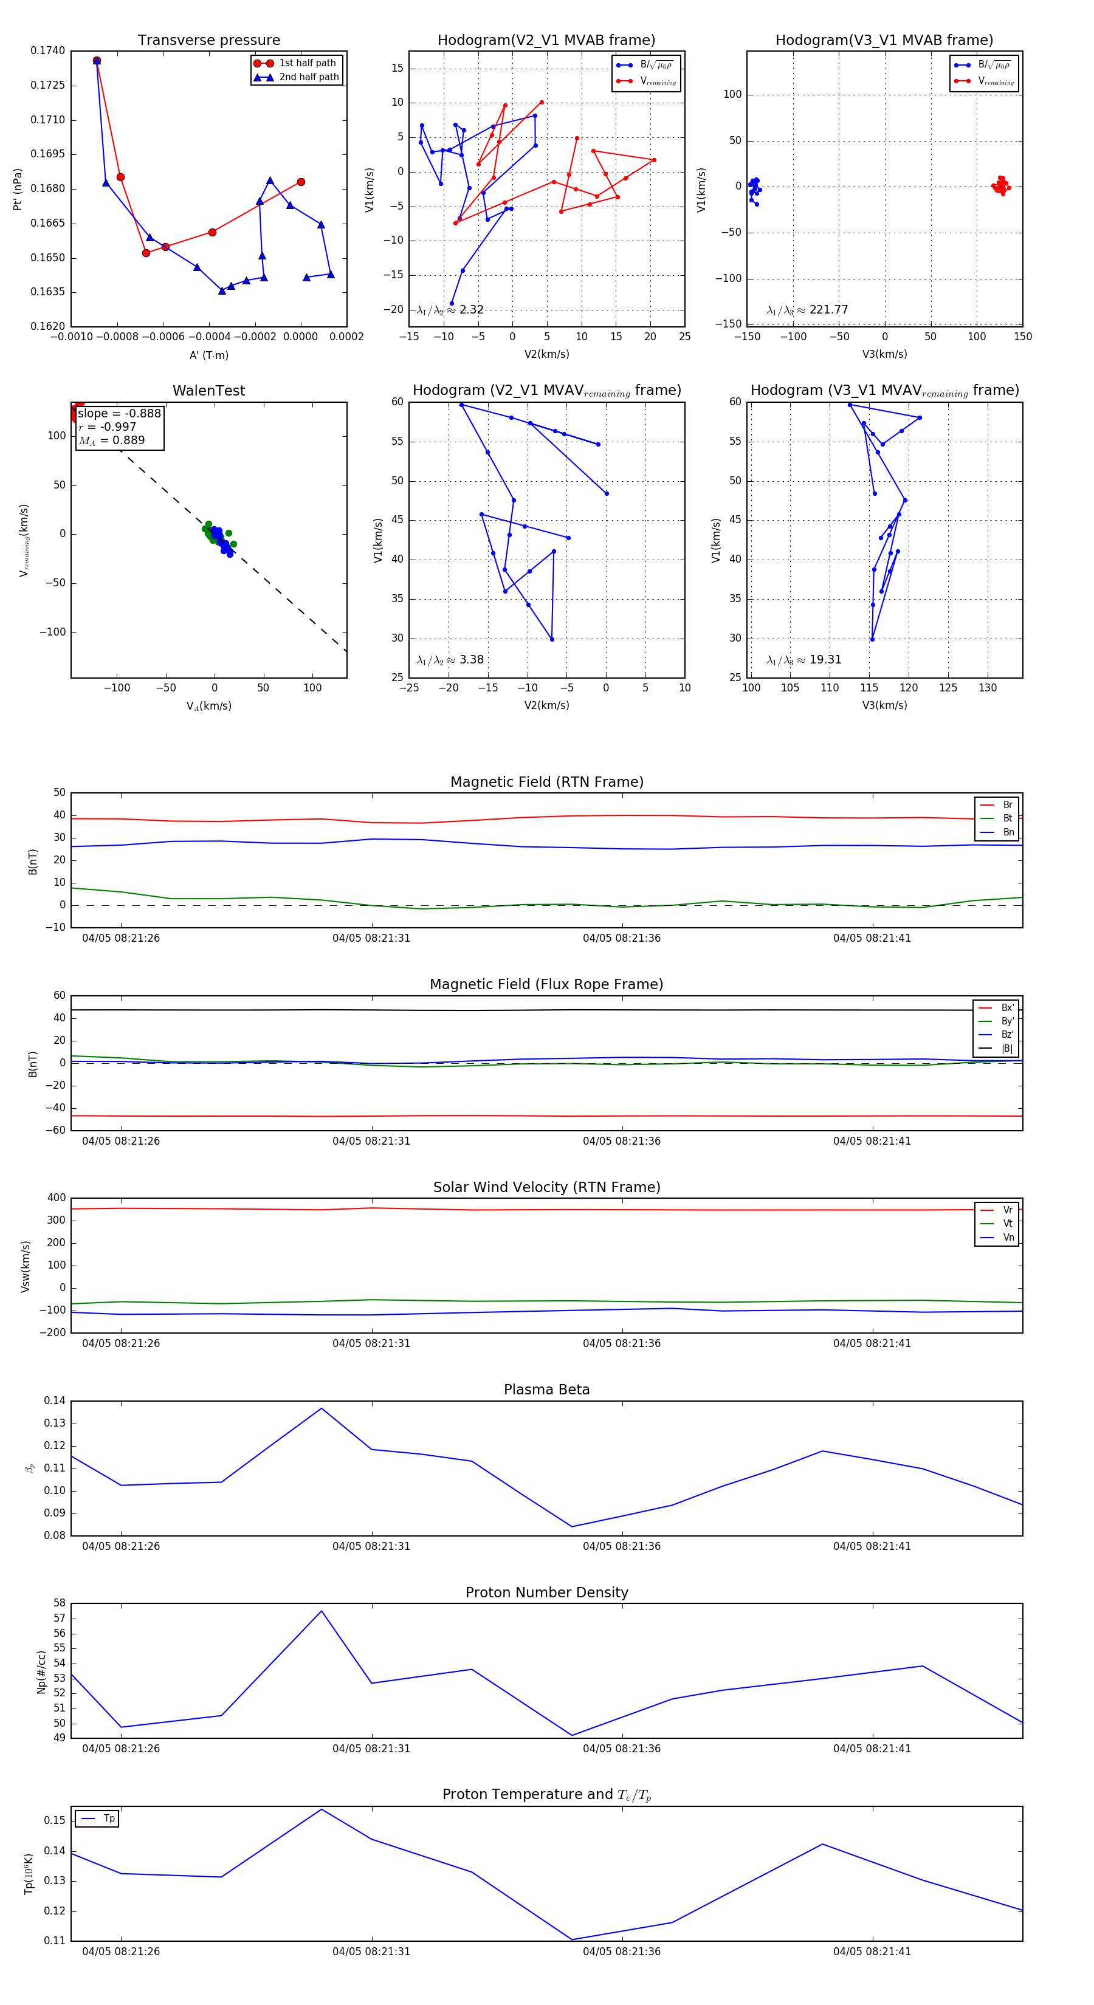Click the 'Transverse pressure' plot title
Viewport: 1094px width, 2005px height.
coord(208,41)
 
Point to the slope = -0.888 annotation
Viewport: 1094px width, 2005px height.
coord(119,413)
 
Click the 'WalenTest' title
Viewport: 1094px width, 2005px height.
coord(208,391)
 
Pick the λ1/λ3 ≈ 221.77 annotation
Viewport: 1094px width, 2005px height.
coord(808,310)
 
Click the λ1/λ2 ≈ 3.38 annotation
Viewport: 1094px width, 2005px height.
coord(450,660)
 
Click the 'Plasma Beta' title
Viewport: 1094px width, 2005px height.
coord(546,1390)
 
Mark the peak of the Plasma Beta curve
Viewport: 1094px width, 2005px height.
coord(322,1409)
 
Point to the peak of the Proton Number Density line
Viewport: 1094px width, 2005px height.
coord(322,1611)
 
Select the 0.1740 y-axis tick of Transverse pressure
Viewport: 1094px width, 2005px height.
coord(47,52)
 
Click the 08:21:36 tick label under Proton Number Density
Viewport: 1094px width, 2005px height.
coord(621,1748)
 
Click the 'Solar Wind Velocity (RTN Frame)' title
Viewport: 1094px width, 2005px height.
coord(546,1187)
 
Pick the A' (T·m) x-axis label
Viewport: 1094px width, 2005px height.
coord(208,355)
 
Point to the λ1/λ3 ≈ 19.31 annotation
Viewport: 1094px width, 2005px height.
coord(803,660)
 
